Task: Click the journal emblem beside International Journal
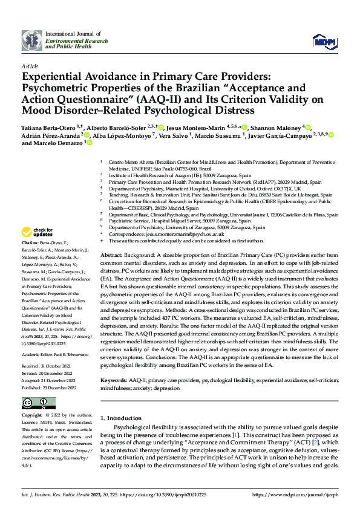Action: [x=31, y=41]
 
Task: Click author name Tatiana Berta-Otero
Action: [x=49, y=128]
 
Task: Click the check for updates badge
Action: [x=38, y=232]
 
